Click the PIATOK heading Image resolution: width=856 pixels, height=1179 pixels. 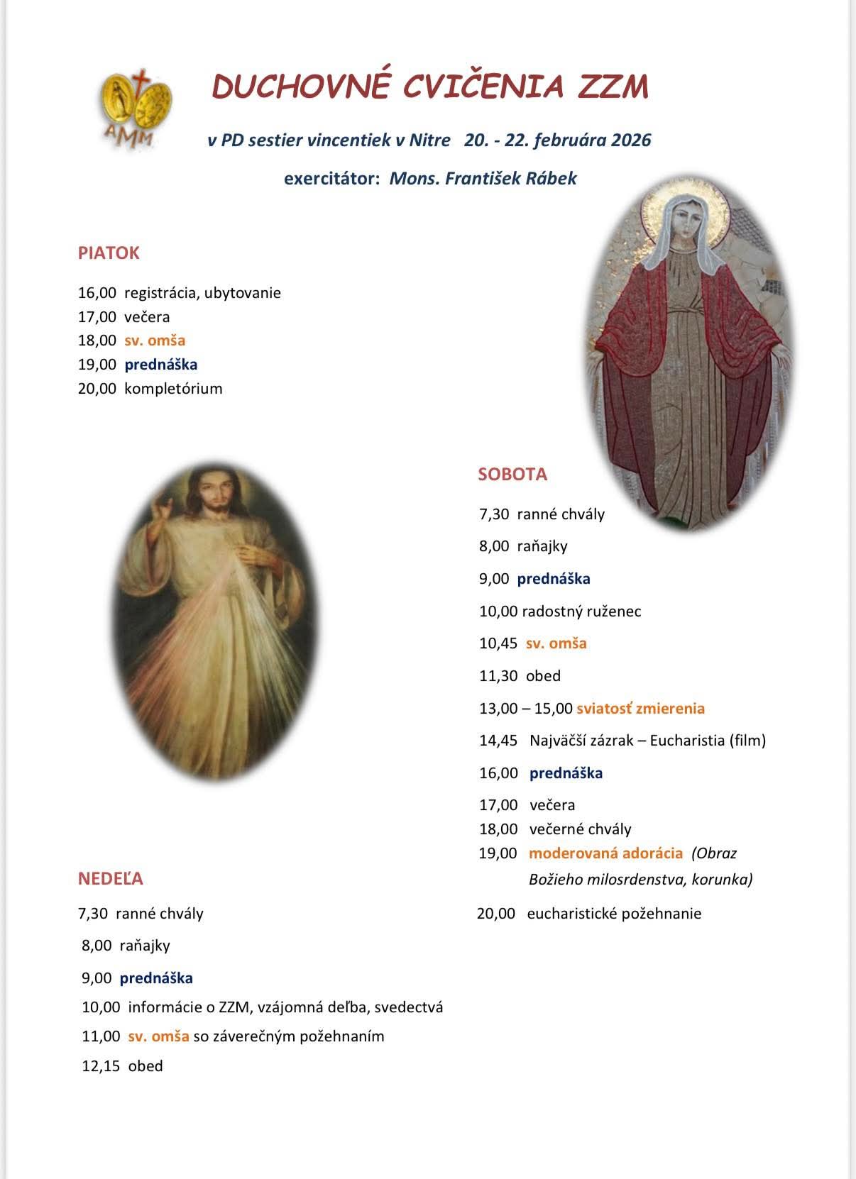tap(109, 253)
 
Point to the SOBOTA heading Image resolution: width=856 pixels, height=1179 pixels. tap(512, 475)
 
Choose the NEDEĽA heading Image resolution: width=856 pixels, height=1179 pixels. tap(111, 879)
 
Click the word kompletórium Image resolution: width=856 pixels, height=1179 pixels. tap(173, 389)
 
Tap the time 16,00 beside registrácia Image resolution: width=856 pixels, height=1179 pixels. tap(97, 293)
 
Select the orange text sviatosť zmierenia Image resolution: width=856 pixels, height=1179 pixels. tap(640, 708)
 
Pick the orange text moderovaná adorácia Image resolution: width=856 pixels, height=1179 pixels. tap(605, 853)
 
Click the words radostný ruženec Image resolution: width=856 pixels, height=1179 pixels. tap(581, 611)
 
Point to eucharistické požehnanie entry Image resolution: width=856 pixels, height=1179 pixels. tap(614, 914)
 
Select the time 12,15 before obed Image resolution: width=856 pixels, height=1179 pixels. tap(101, 1066)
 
